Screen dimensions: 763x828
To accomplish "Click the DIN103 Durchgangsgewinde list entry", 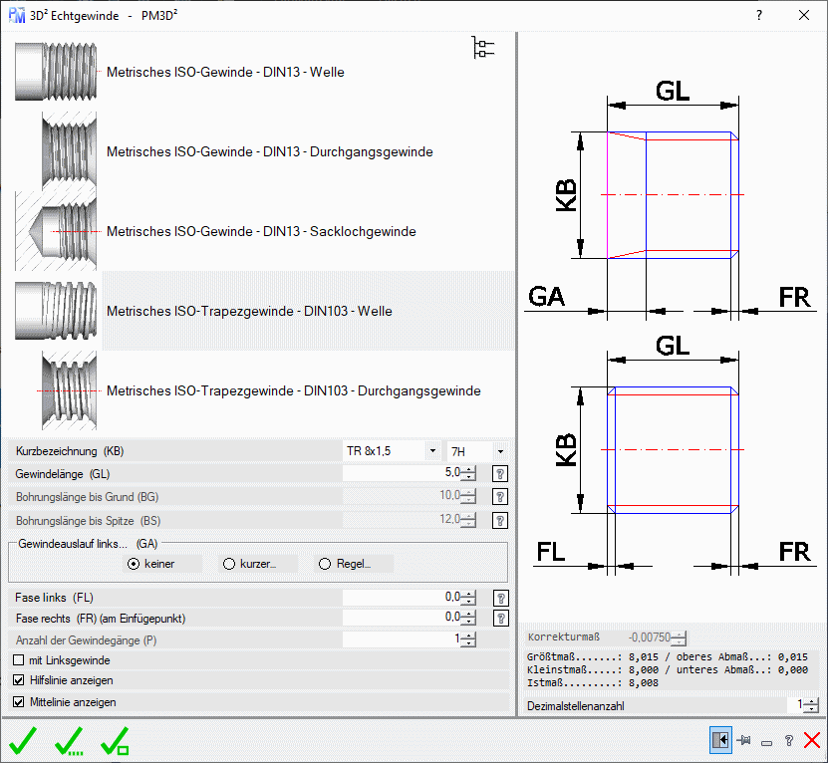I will pos(293,390).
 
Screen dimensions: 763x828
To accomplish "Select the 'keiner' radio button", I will pos(134,564).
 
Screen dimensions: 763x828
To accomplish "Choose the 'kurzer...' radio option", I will pos(229,564).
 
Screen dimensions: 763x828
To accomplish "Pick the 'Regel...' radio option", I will pos(325,564).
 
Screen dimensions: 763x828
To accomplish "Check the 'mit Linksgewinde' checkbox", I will pos(19,660).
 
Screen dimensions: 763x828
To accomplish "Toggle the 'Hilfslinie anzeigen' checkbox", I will pos(19,680).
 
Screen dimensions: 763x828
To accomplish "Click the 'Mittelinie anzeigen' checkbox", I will pos(19,702).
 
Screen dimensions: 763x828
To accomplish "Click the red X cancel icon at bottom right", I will pos(812,740).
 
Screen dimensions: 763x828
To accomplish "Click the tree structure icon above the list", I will pos(483,48).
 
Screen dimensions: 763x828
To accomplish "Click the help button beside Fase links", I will pos(501,598).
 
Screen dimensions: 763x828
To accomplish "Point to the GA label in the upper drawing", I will pos(547,297).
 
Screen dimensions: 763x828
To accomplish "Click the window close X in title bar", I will pos(804,15).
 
